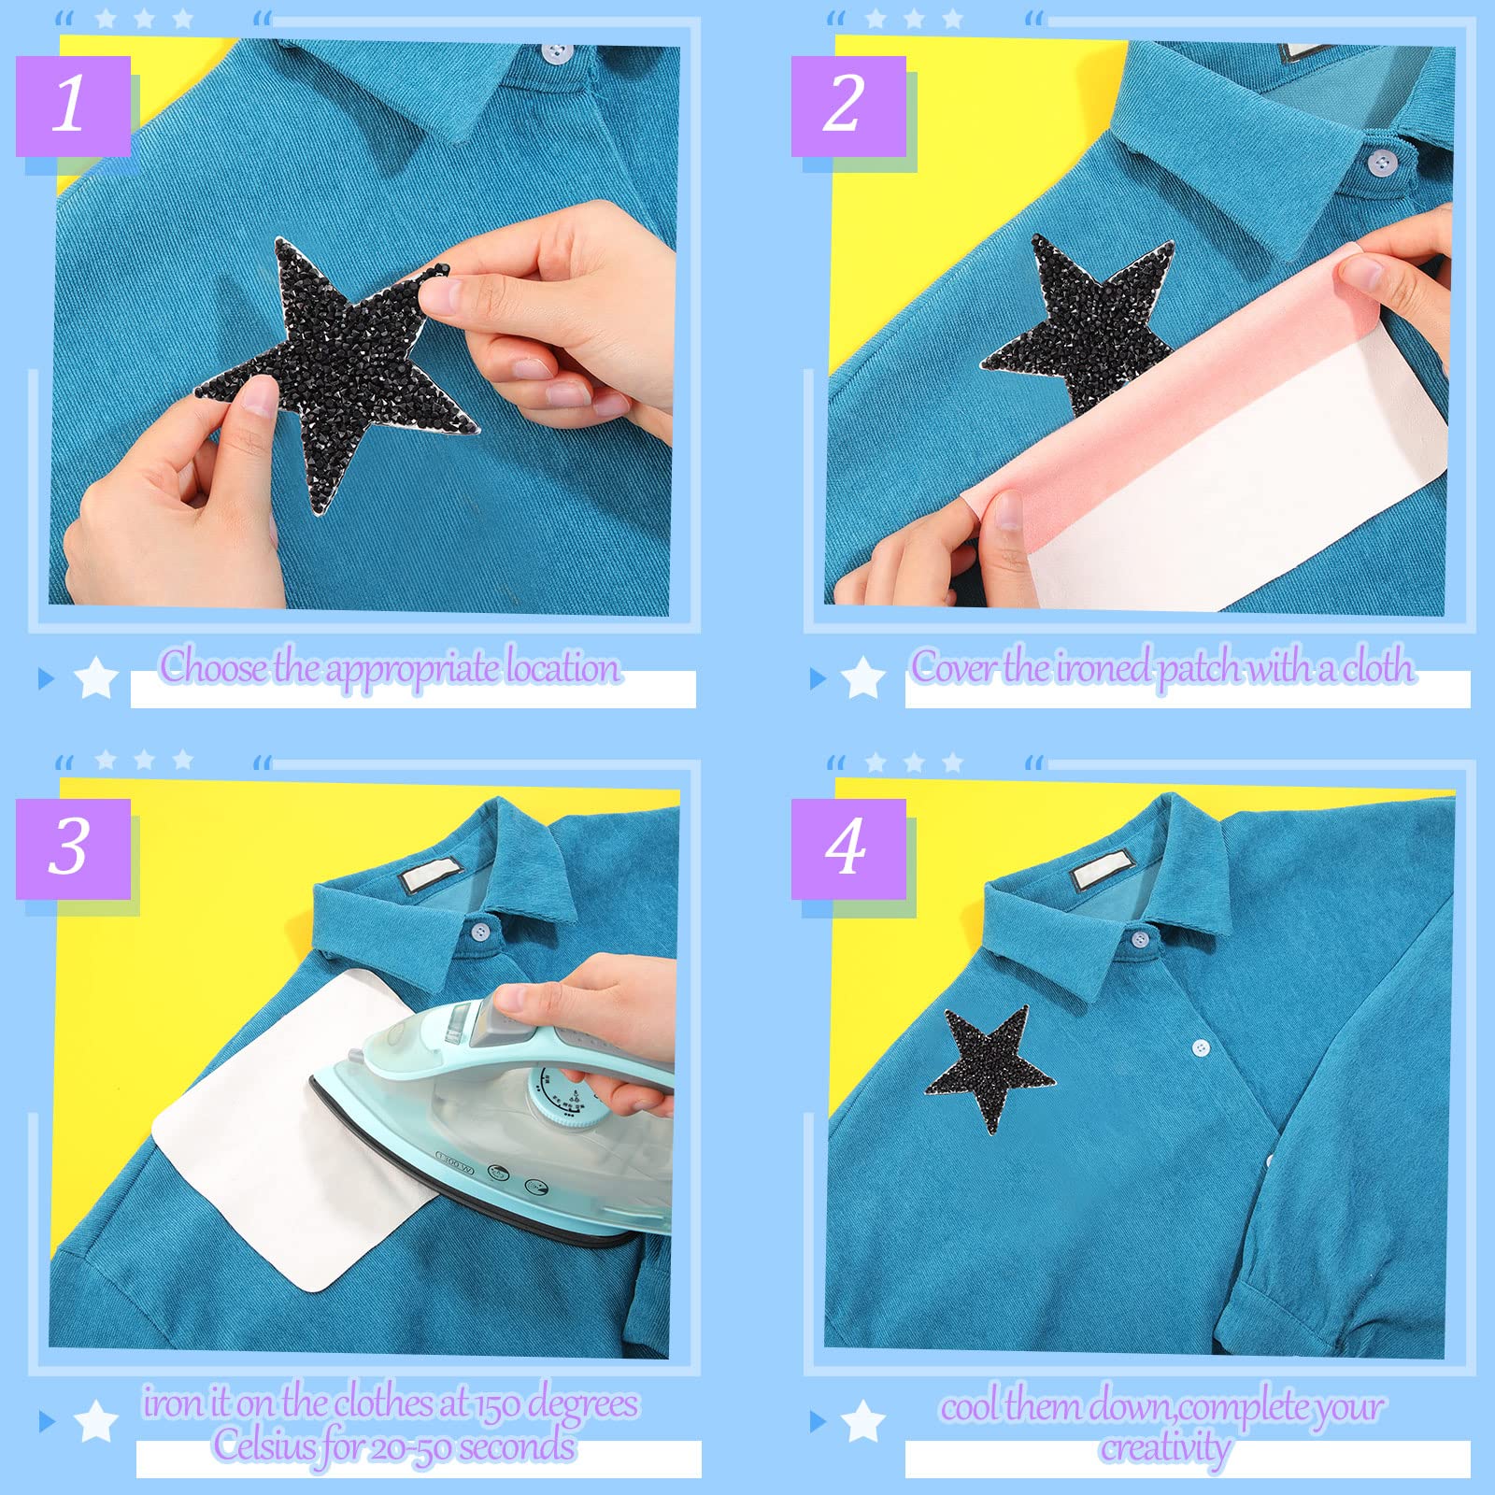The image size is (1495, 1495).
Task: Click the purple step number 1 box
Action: click(73, 107)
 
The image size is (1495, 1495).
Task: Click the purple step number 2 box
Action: click(848, 107)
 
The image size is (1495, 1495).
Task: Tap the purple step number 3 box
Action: click(73, 849)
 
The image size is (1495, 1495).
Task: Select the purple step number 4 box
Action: click(848, 849)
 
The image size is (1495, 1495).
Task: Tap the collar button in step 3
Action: click(479, 932)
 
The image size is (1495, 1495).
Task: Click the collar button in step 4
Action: click(1139, 938)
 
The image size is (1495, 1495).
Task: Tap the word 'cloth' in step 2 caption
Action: click(1377, 667)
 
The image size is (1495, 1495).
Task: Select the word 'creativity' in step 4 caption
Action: click(1165, 1448)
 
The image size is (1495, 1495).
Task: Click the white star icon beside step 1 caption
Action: click(95, 677)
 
